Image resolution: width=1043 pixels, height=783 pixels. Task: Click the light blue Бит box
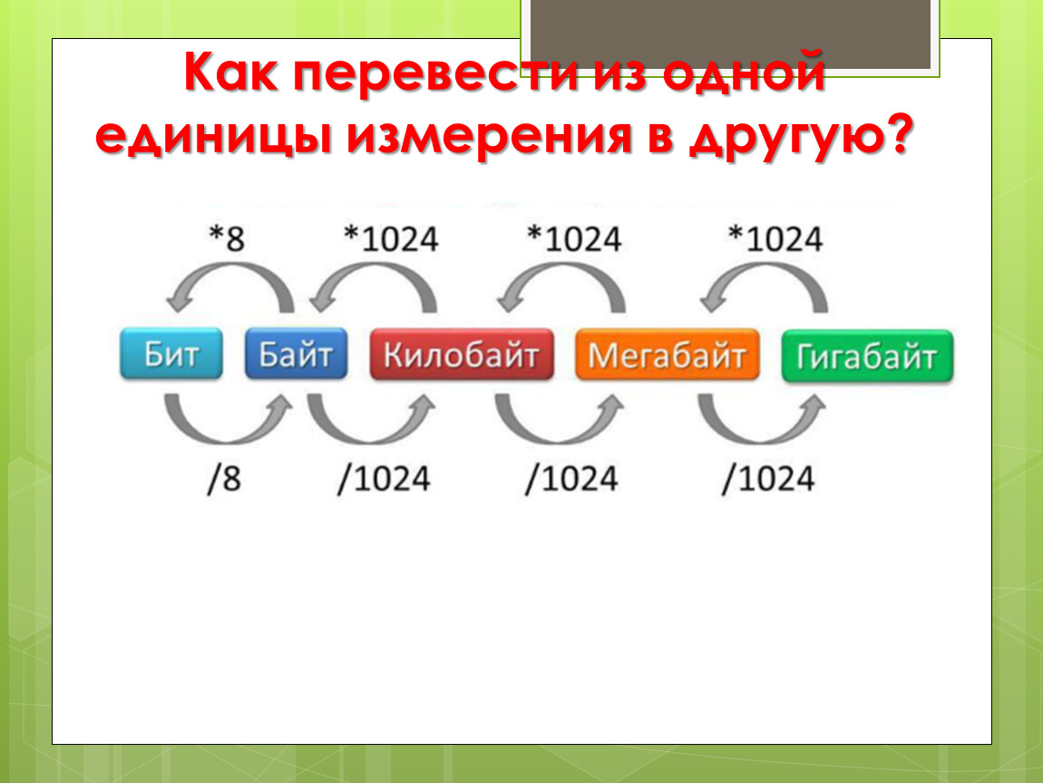point(171,353)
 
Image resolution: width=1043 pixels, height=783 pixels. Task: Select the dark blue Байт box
point(296,353)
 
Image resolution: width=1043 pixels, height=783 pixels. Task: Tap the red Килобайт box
point(462,354)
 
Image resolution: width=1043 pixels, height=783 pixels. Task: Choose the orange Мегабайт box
point(667,355)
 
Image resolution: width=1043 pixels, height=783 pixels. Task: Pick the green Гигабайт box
point(867,356)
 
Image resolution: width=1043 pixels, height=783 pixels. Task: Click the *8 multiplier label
point(227,238)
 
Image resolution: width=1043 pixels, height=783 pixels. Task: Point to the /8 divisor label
point(224,478)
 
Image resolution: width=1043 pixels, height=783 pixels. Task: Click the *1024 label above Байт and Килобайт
point(391,238)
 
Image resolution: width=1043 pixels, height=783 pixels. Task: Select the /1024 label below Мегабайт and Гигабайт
point(768,478)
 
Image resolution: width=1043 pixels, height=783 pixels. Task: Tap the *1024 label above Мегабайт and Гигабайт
point(775,238)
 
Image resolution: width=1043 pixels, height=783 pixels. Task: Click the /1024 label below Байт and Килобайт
point(384,478)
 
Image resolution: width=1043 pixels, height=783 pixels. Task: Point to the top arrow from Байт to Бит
point(229,266)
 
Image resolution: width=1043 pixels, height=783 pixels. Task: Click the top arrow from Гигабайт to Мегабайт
point(765,266)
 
